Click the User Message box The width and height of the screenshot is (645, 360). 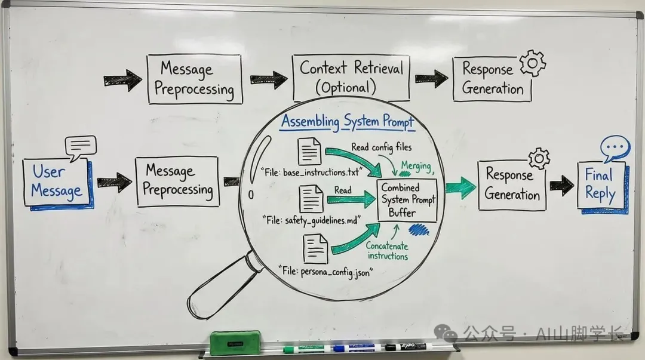57,182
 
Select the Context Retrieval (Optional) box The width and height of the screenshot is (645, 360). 351,77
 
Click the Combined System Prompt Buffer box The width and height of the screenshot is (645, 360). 408,200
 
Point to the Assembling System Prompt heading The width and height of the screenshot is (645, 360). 348,122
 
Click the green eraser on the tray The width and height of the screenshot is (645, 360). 235,343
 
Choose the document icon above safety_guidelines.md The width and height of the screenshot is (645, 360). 311,199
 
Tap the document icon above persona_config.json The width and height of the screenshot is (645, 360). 315,248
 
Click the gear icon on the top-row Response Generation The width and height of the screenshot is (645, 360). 533,63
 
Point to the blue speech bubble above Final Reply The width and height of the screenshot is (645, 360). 615,149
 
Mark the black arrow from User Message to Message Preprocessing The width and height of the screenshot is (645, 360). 114,182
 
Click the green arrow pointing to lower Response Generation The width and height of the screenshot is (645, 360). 460,187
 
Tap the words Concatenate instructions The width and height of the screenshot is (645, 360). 387,251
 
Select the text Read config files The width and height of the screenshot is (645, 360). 381,147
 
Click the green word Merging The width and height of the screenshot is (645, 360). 416,165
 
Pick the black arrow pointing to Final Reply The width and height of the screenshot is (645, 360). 561,185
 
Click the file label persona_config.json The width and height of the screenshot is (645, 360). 325,272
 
